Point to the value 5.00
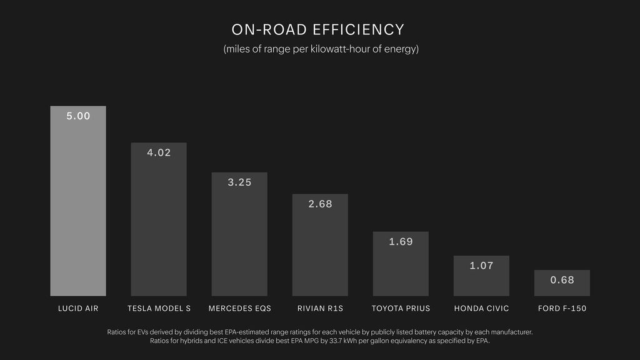(78, 116)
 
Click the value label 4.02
(159, 152)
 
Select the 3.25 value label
(239, 182)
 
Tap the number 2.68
(320, 204)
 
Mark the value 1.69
(401, 242)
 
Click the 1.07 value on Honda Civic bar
(481, 266)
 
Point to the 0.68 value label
(562, 280)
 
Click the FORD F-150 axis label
(562, 309)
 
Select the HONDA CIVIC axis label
(481, 309)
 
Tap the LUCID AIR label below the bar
(78, 309)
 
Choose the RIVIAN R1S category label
(320, 309)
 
